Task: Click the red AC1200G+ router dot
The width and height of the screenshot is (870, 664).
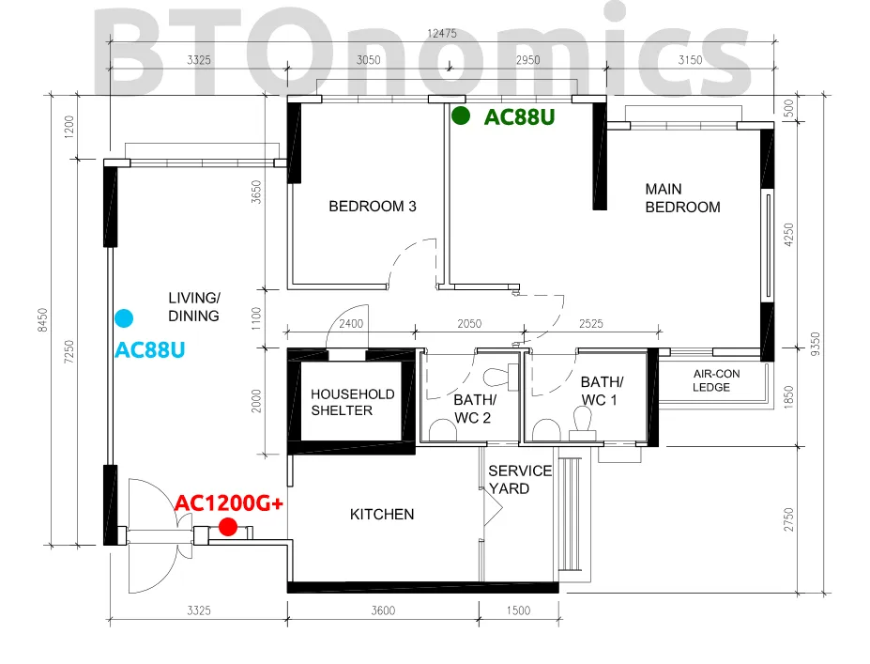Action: tap(228, 527)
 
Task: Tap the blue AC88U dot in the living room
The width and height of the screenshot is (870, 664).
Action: tap(124, 318)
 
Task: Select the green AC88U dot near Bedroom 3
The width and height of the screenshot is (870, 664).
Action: tap(461, 116)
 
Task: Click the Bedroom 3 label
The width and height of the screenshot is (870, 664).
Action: tap(373, 207)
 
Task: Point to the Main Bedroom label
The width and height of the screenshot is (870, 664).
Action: tap(682, 198)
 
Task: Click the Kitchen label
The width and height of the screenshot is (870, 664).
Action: tap(382, 515)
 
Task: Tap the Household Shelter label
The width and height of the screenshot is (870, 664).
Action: tap(352, 403)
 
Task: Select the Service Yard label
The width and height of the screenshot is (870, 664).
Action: tap(520, 480)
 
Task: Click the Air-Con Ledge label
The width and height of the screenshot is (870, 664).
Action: tap(716, 381)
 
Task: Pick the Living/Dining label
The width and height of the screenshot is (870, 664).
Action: tap(193, 307)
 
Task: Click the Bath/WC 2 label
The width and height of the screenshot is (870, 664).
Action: tap(474, 409)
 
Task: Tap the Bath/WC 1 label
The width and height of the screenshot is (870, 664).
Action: tap(602, 391)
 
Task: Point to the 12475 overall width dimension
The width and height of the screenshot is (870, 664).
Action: tap(442, 34)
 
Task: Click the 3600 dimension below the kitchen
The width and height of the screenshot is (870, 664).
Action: tap(383, 610)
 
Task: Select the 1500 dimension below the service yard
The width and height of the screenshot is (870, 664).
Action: tap(518, 610)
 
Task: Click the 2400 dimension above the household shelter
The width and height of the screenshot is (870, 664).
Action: tap(351, 324)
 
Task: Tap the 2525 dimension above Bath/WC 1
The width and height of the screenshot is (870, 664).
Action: tap(591, 324)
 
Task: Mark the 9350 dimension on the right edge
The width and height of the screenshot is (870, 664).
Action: tap(815, 345)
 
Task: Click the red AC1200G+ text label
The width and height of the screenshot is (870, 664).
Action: tap(229, 503)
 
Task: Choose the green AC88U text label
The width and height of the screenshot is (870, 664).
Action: tap(519, 117)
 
